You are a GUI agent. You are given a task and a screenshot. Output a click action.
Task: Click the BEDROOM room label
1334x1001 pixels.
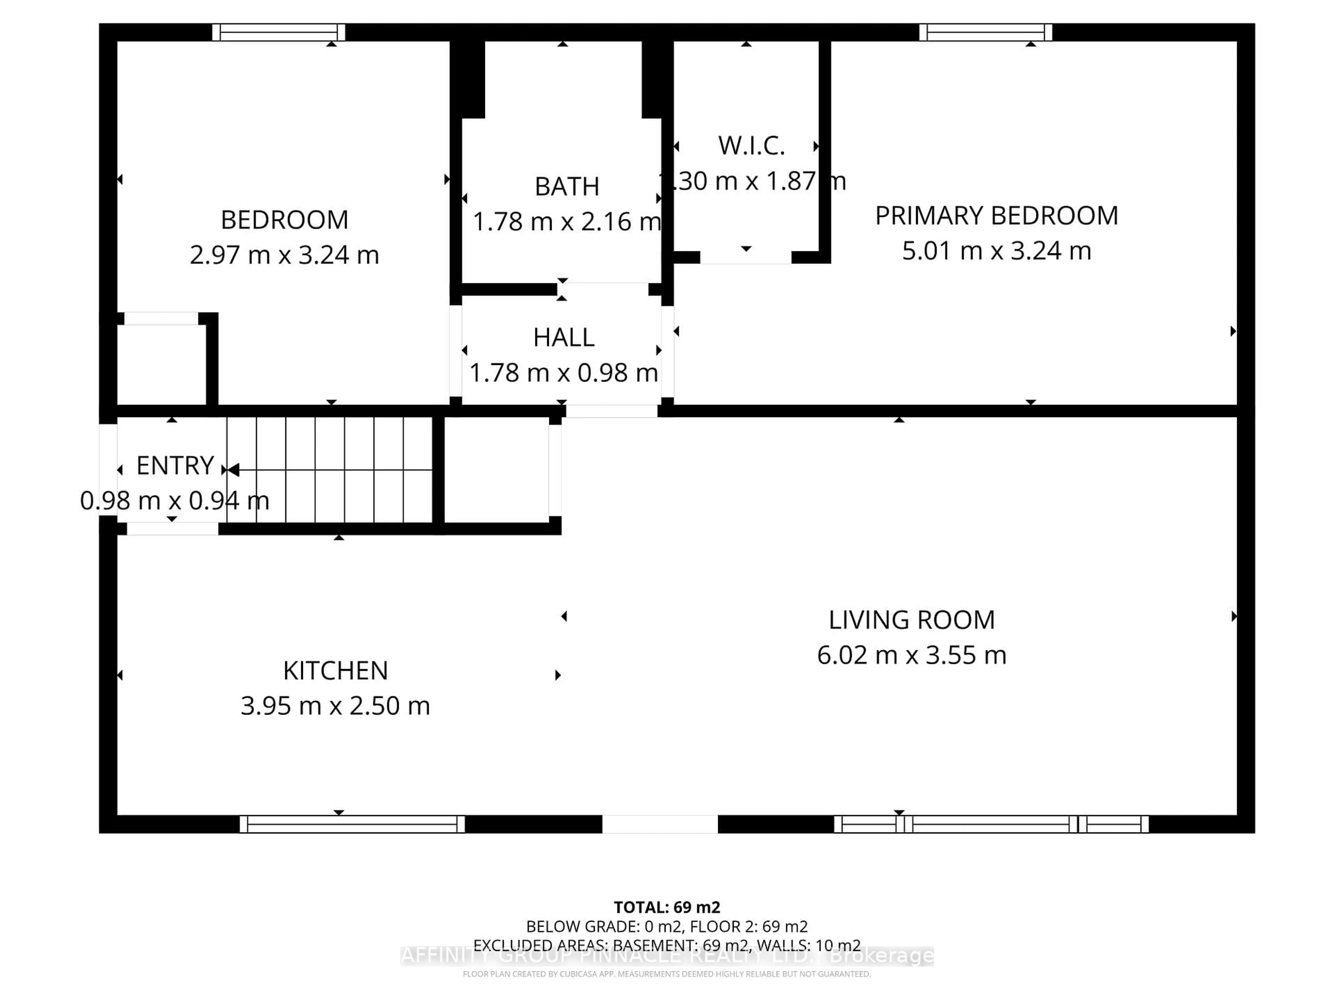click(284, 220)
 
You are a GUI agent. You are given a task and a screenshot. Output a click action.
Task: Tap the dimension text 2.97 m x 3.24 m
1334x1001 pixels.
click(284, 255)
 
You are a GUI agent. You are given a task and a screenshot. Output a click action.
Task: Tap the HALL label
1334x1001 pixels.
click(563, 337)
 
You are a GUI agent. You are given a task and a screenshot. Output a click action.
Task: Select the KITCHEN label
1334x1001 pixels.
click(335, 670)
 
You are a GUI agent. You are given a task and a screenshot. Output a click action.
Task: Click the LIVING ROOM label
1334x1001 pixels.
click(911, 620)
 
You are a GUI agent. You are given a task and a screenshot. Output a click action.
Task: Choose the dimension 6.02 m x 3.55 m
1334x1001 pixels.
click(911, 655)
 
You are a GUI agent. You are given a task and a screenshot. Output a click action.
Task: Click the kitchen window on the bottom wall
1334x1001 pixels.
click(352, 824)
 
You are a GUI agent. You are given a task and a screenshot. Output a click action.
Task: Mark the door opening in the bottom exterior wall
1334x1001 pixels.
click(660, 824)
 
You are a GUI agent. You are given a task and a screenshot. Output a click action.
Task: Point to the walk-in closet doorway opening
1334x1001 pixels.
click(746, 258)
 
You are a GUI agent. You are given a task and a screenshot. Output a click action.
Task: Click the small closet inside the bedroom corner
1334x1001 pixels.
click(161, 364)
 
